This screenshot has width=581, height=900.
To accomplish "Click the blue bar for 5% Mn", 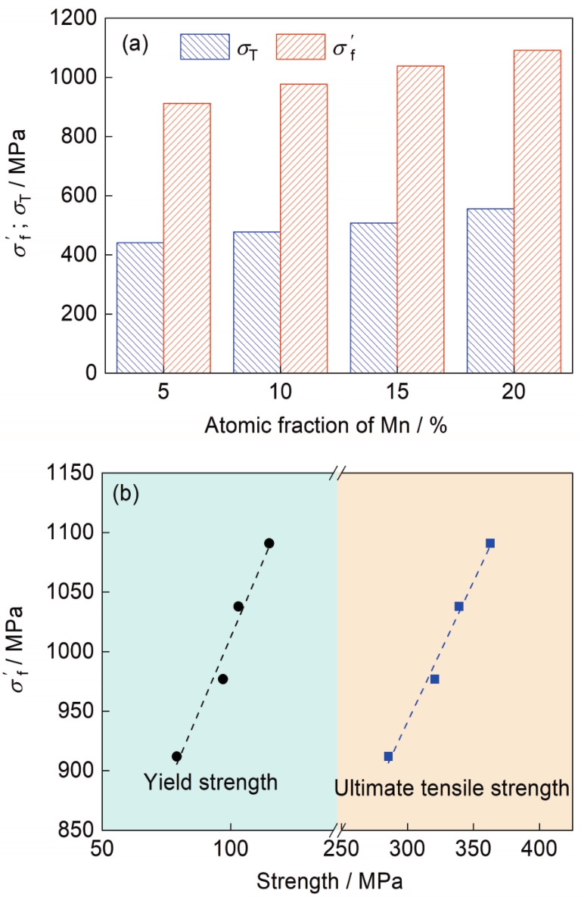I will click(x=140, y=307).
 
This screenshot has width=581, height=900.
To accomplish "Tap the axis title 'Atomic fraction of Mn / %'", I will click(x=325, y=425).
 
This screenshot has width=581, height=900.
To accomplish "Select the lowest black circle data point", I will click(x=177, y=756).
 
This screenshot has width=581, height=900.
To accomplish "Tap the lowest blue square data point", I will click(x=389, y=756).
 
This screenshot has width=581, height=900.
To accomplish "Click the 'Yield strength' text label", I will click(x=210, y=782).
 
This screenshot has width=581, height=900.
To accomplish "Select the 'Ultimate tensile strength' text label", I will click(x=452, y=790).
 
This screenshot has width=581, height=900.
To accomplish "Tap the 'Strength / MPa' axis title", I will click(x=329, y=882).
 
